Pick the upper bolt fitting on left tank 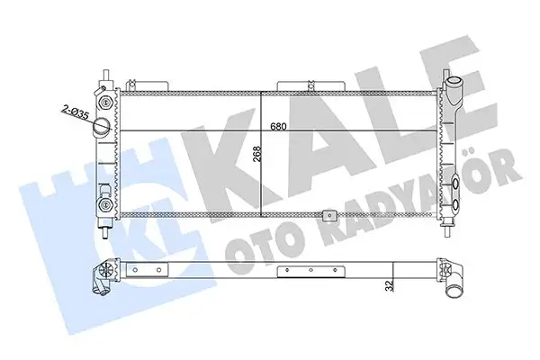pyautogui.click(x=106, y=94)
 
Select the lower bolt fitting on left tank pyautogui.click(x=106, y=205)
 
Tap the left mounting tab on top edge pyautogui.click(x=146, y=85)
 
